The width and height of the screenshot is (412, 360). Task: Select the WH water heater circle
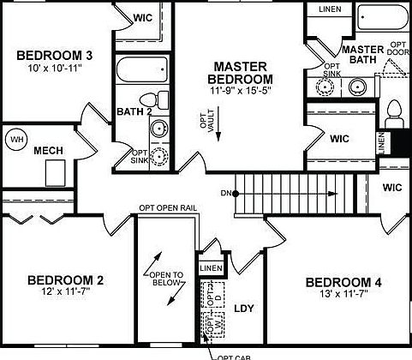pyautogui.click(x=16, y=138)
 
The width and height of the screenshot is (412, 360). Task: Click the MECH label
pyautogui.click(x=48, y=151)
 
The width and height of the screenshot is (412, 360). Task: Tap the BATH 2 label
pyautogui.click(x=134, y=111)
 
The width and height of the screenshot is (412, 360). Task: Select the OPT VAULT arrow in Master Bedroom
pyautogui.click(x=218, y=126)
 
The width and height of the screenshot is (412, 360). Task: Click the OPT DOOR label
pyautogui.click(x=398, y=50)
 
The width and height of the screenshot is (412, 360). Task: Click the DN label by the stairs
pyautogui.click(x=225, y=192)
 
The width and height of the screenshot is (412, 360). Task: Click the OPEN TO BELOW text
pyautogui.click(x=167, y=280)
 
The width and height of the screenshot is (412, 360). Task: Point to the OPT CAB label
pyautogui.click(x=233, y=356)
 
